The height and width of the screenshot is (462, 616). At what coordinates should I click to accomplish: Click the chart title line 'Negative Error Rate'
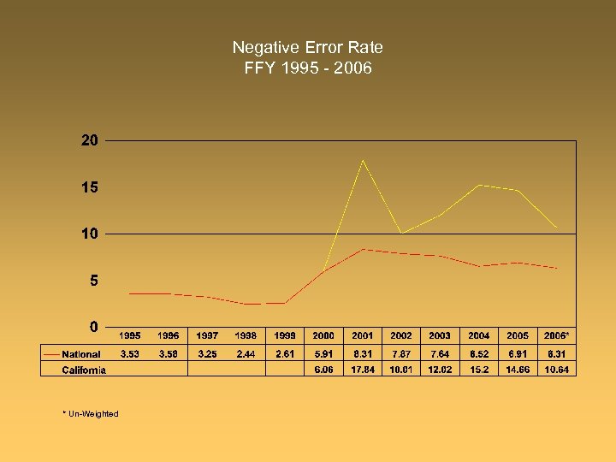pyautogui.click(x=307, y=48)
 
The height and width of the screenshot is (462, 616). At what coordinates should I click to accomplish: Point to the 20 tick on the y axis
pyautogui.click(x=90, y=140)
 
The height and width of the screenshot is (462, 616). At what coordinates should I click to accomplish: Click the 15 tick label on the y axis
pyautogui.click(x=90, y=187)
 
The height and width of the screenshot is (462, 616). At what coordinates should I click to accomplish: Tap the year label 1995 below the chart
pyautogui.click(x=130, y=335)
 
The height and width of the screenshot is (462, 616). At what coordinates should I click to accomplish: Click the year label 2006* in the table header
pyautogui.click(x=557, y=335)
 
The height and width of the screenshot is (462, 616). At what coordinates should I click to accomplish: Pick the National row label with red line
pyautogui.click(x=81, y=353)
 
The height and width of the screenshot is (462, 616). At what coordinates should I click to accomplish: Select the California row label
pyautogui.click(x=84, y=370)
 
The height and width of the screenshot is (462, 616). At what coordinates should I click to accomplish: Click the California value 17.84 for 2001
pyautogui.click(x=362, y=370)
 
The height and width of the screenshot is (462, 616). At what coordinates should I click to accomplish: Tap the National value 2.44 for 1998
pyautogui.click(x=246, y=353)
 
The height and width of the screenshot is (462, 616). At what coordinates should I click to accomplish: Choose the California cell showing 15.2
pyautogui.click(x=479, y=370)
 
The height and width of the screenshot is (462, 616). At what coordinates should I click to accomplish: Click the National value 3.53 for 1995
pyautogui.click(x=130, y=353)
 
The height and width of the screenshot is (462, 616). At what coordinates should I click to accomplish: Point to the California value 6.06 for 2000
pyautogui.click(x=323, y=370)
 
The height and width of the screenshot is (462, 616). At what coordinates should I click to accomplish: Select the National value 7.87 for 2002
pyautogui.click(x=401, y=353)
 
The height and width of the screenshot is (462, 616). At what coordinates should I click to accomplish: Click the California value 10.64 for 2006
pyautogui.click(x=557, y=370)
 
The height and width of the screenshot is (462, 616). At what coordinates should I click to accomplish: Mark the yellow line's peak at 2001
pyautogui.click(x=363, y=160)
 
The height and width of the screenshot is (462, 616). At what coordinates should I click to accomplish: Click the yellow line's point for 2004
pyautogui.click(x=479, y=185)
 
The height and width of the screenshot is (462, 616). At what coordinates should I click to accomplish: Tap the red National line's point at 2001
pyautogui.click(x=363, y=249)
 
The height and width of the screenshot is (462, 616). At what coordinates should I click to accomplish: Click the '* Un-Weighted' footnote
pyautogui.click(x=91, y=414)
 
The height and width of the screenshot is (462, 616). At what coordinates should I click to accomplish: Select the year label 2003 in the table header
pyautogui.click(x=440, y=335)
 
